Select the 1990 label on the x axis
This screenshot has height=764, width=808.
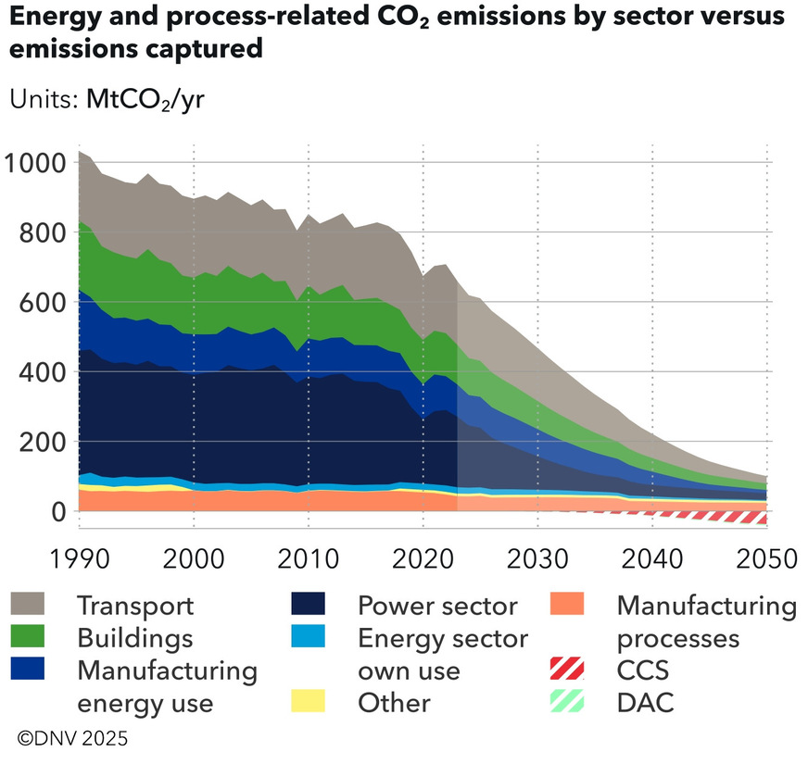79,559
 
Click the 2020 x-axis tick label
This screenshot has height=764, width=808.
423,559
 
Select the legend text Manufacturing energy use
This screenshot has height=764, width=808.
167,685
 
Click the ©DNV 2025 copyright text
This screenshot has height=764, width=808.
72,739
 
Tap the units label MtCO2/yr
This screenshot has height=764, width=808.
145,100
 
